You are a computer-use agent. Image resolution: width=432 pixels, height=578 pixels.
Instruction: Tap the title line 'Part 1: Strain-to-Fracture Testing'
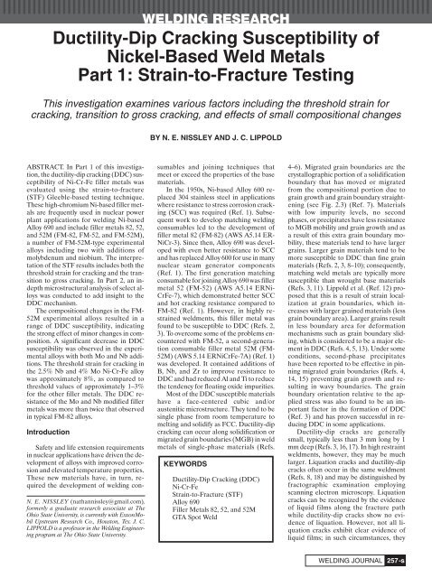(x=216, y=84)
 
